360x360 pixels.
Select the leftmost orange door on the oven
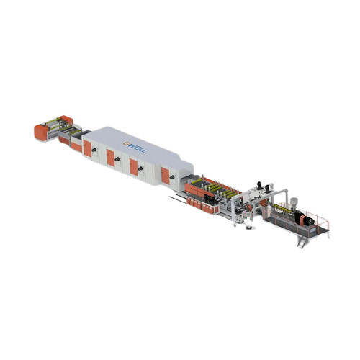(87, 148)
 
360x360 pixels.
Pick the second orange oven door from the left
(110, 157)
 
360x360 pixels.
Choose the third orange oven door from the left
(133, 166)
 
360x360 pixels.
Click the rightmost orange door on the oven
(166, 175)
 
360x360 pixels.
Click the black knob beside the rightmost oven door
(174, 176)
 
